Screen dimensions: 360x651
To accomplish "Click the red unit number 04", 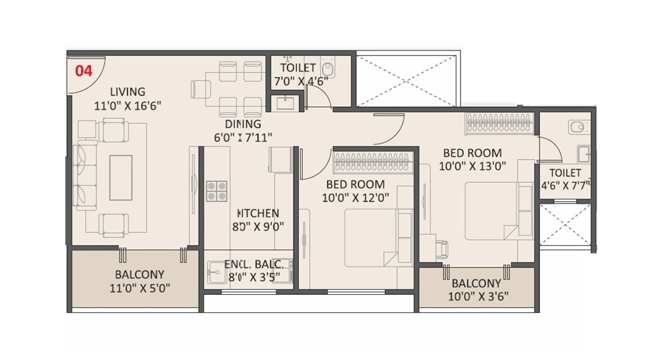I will pyautogui.click(x=84, y=71).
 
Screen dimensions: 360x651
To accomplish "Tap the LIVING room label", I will pyautogui.click(x=127, y=92).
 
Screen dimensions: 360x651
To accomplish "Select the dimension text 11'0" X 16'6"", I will pyautogui.click(x=127, y=106).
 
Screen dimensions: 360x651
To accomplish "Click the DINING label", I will pyautogui.click(x=243, y=124).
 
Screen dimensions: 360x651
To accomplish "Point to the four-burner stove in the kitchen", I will pyautogui.click(x=217, y=191).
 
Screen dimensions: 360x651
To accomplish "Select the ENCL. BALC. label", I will pyautogui.click(x=253, y=265).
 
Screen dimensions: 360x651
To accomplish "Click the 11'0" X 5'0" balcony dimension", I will pyautogui.click(x=139, y=288).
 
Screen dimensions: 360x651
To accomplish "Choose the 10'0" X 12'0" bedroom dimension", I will pyautogui.click(x=355, y=198).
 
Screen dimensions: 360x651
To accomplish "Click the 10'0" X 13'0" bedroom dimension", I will pyautogui.click(x=472, y=166).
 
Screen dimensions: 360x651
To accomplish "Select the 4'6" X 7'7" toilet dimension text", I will pyautogui.click(x=565, y=184).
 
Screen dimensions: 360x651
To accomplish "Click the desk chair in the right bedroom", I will pyautogui.click(x=443, y=248).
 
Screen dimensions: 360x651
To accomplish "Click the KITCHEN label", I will pyautogui.click(x=258, y=213).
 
